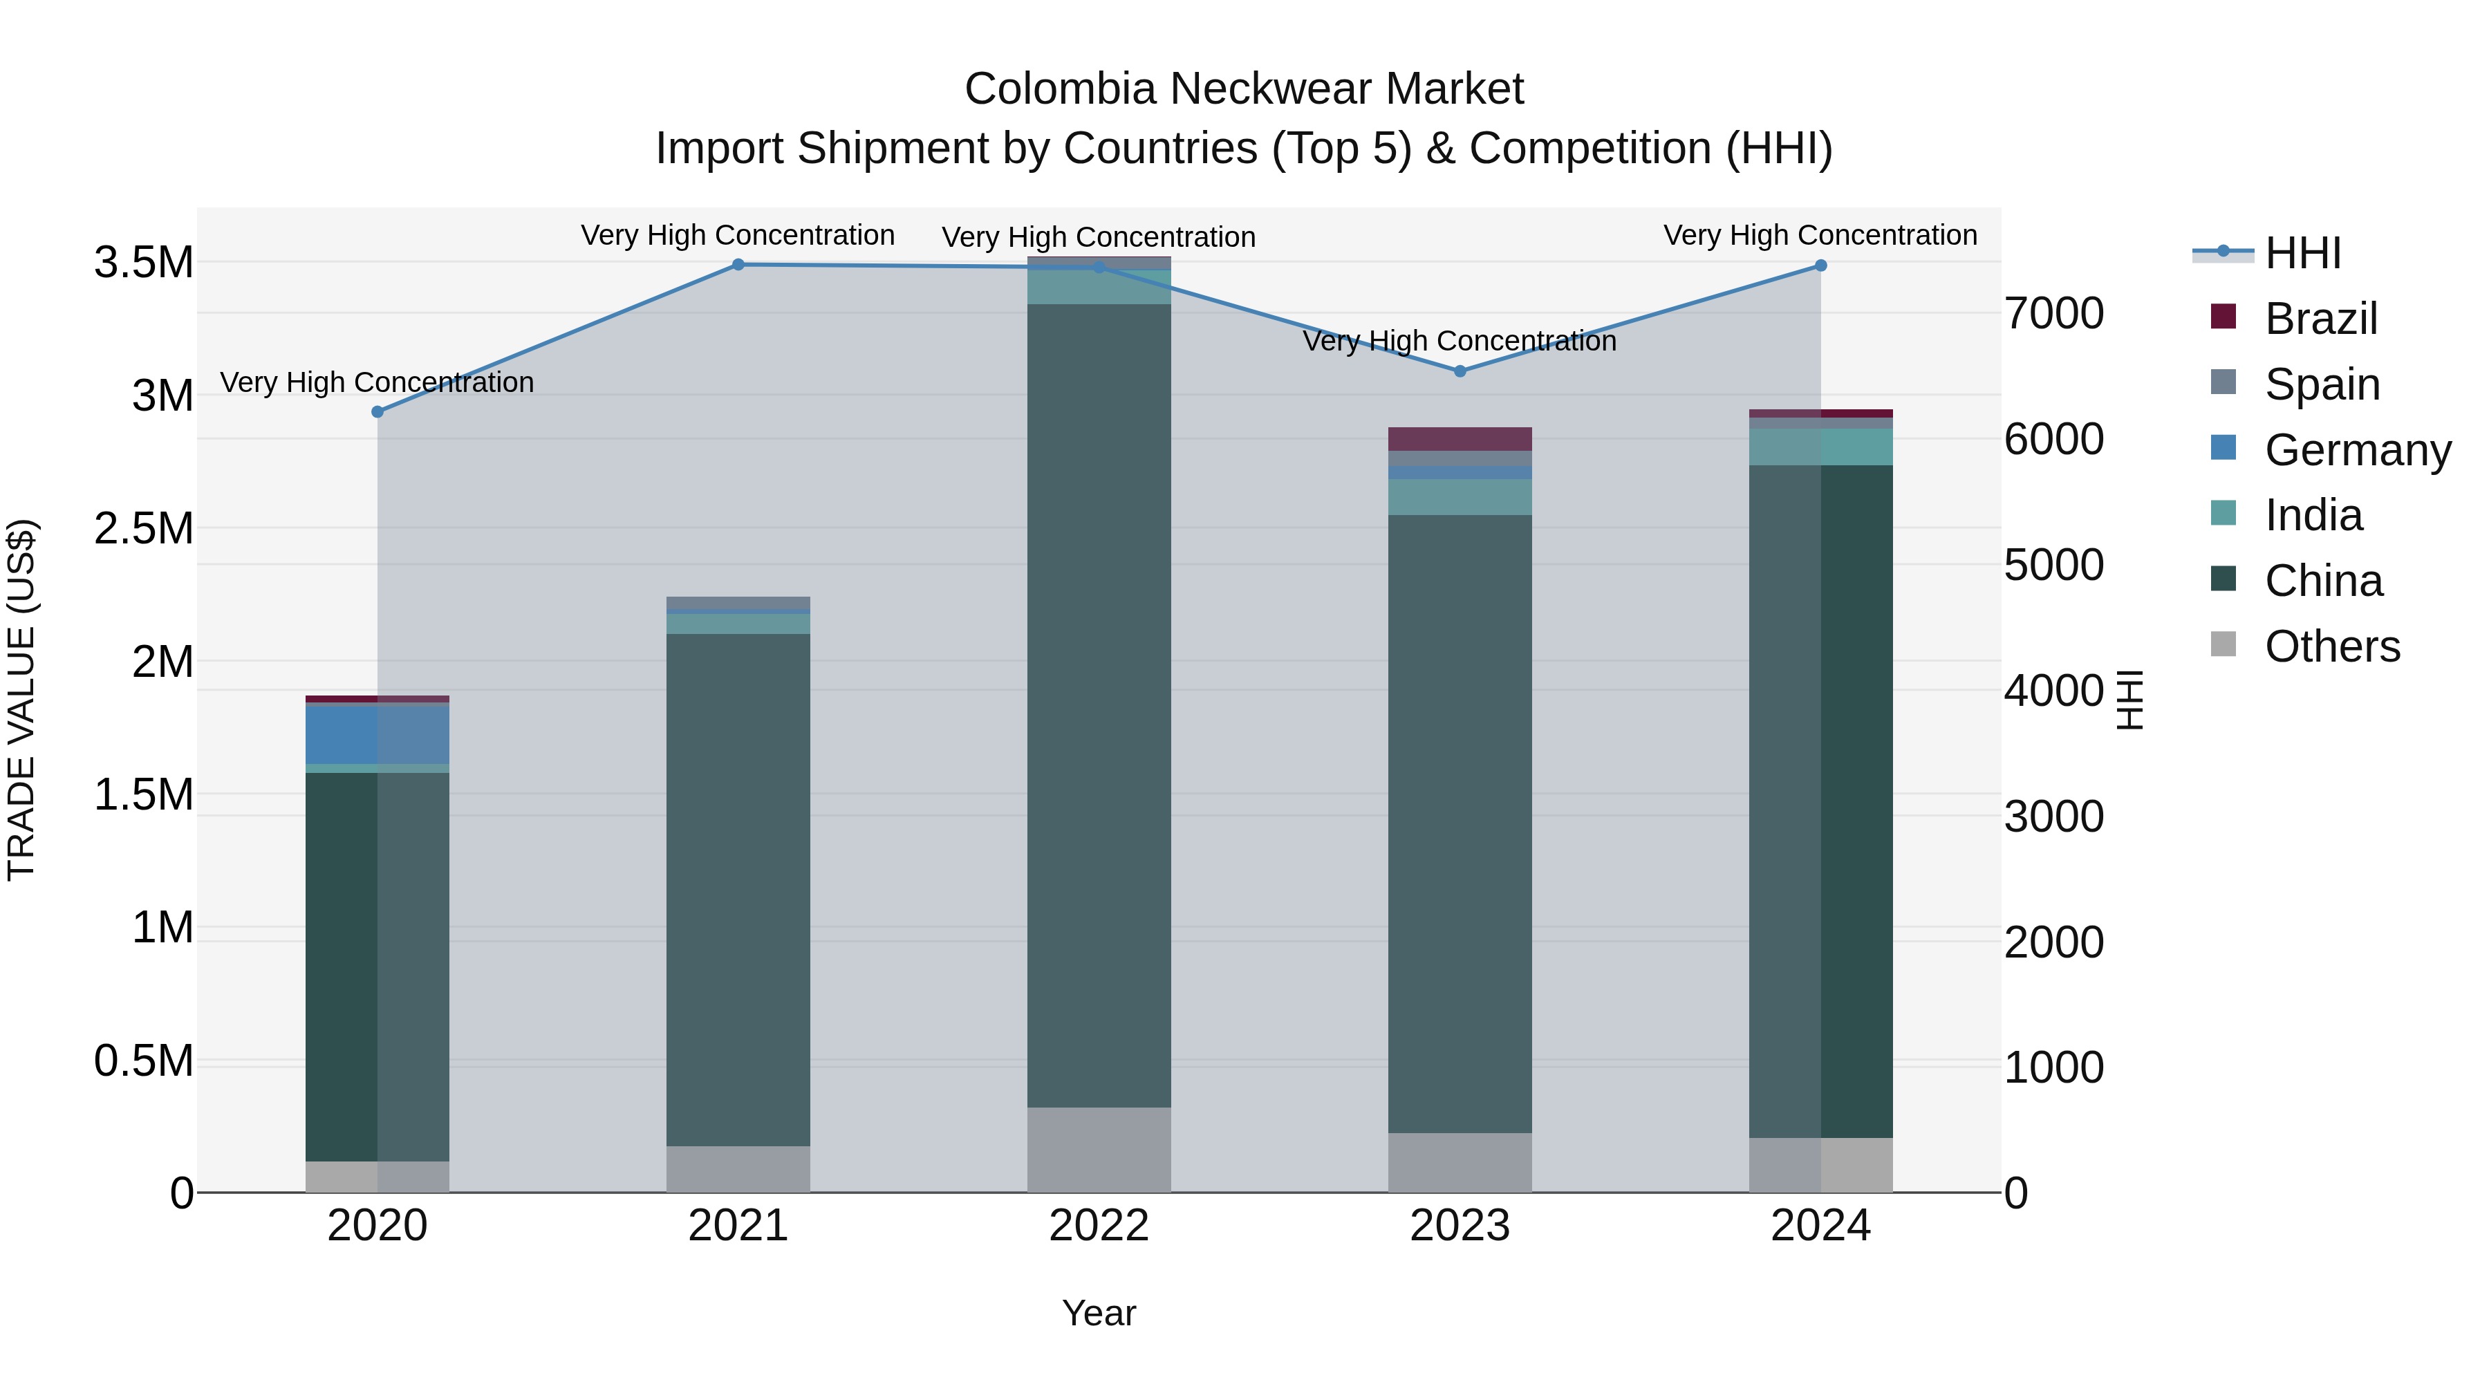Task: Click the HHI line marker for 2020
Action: point(377,411)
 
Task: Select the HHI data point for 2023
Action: point(1460,371)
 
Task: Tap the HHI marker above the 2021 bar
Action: point(738,265)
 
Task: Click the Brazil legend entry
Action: point(2320,319)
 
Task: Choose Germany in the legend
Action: point(2357,450)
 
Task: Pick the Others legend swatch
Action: point(2224,644)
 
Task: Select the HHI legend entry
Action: point(2302,253)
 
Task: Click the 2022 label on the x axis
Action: point(1099,1226)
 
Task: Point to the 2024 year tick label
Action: point(1820,1226)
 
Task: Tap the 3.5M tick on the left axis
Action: point(144,263)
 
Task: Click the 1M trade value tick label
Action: point(162,928)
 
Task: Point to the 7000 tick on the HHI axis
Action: point(2053,314)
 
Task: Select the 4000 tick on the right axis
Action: point(2053,691)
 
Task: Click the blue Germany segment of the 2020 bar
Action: point(377,734)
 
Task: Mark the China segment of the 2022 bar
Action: point(1099,705)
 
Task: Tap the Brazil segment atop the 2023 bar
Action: point(1460,438)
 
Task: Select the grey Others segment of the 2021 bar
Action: point(738,1169)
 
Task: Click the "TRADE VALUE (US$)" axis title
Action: point(21,700)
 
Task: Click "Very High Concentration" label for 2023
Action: point(1459,341)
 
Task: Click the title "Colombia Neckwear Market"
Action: point(1244,89)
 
